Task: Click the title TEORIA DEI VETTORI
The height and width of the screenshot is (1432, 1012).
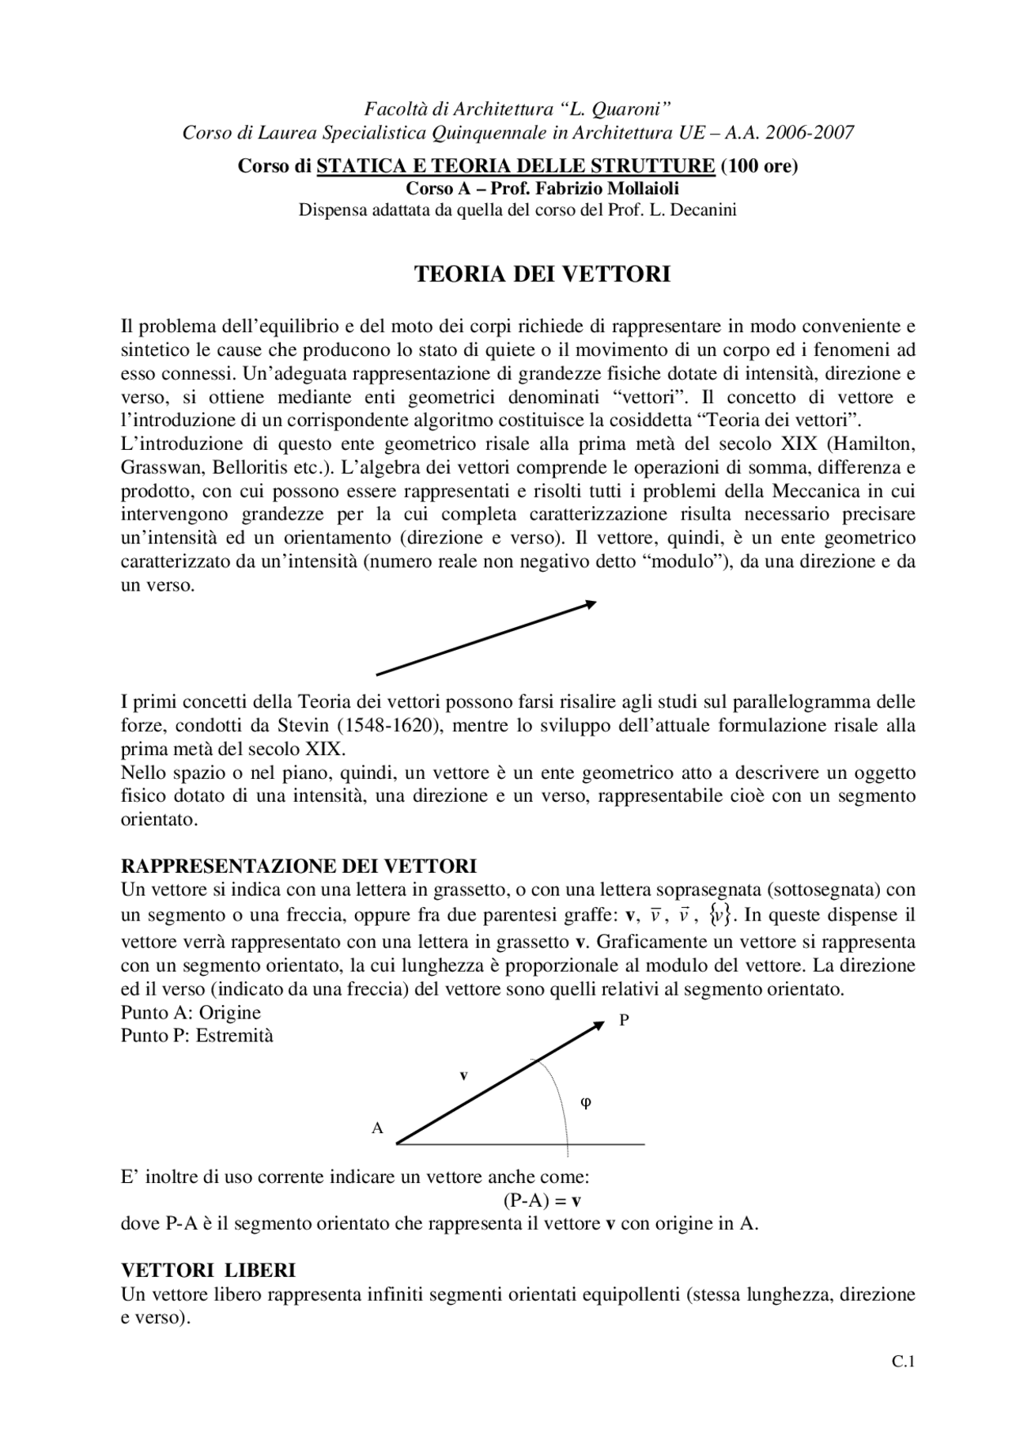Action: [542, 274]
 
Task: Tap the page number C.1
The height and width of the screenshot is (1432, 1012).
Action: [903, 1362]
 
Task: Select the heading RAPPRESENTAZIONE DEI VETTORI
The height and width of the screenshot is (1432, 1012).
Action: [298, 865]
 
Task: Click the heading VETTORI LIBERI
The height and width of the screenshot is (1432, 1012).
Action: [208, 1271]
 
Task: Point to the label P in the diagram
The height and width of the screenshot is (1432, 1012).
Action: [624, 1021]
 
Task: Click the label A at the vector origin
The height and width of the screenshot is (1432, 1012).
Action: [377, 1128]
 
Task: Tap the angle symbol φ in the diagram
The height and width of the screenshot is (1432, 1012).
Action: [586, 1101]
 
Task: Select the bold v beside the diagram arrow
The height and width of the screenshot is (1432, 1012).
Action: [464, 1075]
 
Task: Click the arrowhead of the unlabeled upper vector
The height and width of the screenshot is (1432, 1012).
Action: [590, 604]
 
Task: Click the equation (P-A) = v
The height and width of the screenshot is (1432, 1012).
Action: [542, 1200]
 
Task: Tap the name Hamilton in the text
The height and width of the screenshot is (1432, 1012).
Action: [878, 444]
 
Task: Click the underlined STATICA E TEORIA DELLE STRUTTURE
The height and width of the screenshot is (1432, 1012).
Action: [515, 167]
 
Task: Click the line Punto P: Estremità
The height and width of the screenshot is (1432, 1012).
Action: [197, 1036]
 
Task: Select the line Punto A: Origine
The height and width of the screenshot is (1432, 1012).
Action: [191, 1013]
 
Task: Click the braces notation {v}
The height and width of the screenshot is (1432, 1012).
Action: [719, 916]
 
